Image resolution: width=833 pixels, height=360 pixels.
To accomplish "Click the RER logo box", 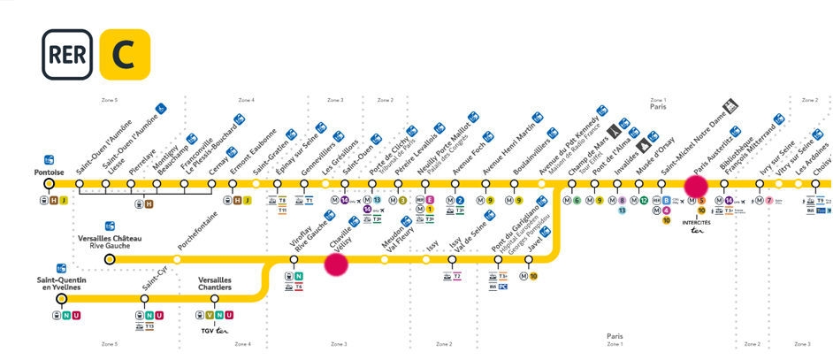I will [66, 54].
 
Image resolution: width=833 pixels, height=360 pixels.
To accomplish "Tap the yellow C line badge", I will [125, 54].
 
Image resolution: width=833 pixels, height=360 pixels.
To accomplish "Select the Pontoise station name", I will [50, 172].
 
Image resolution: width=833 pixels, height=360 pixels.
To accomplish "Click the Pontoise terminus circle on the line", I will [50, 184].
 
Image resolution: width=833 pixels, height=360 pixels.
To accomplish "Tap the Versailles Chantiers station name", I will [215, 284].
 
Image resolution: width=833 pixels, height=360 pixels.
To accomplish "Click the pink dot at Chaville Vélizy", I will [336, 264].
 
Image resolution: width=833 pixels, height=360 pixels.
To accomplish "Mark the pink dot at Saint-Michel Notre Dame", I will [696, 186].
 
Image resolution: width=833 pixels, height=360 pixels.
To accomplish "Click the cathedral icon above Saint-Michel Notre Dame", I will [732, 106].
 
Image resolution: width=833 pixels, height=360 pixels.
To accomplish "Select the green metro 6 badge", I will [577, 201].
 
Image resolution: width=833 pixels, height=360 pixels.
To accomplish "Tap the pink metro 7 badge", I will [769, 201].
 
